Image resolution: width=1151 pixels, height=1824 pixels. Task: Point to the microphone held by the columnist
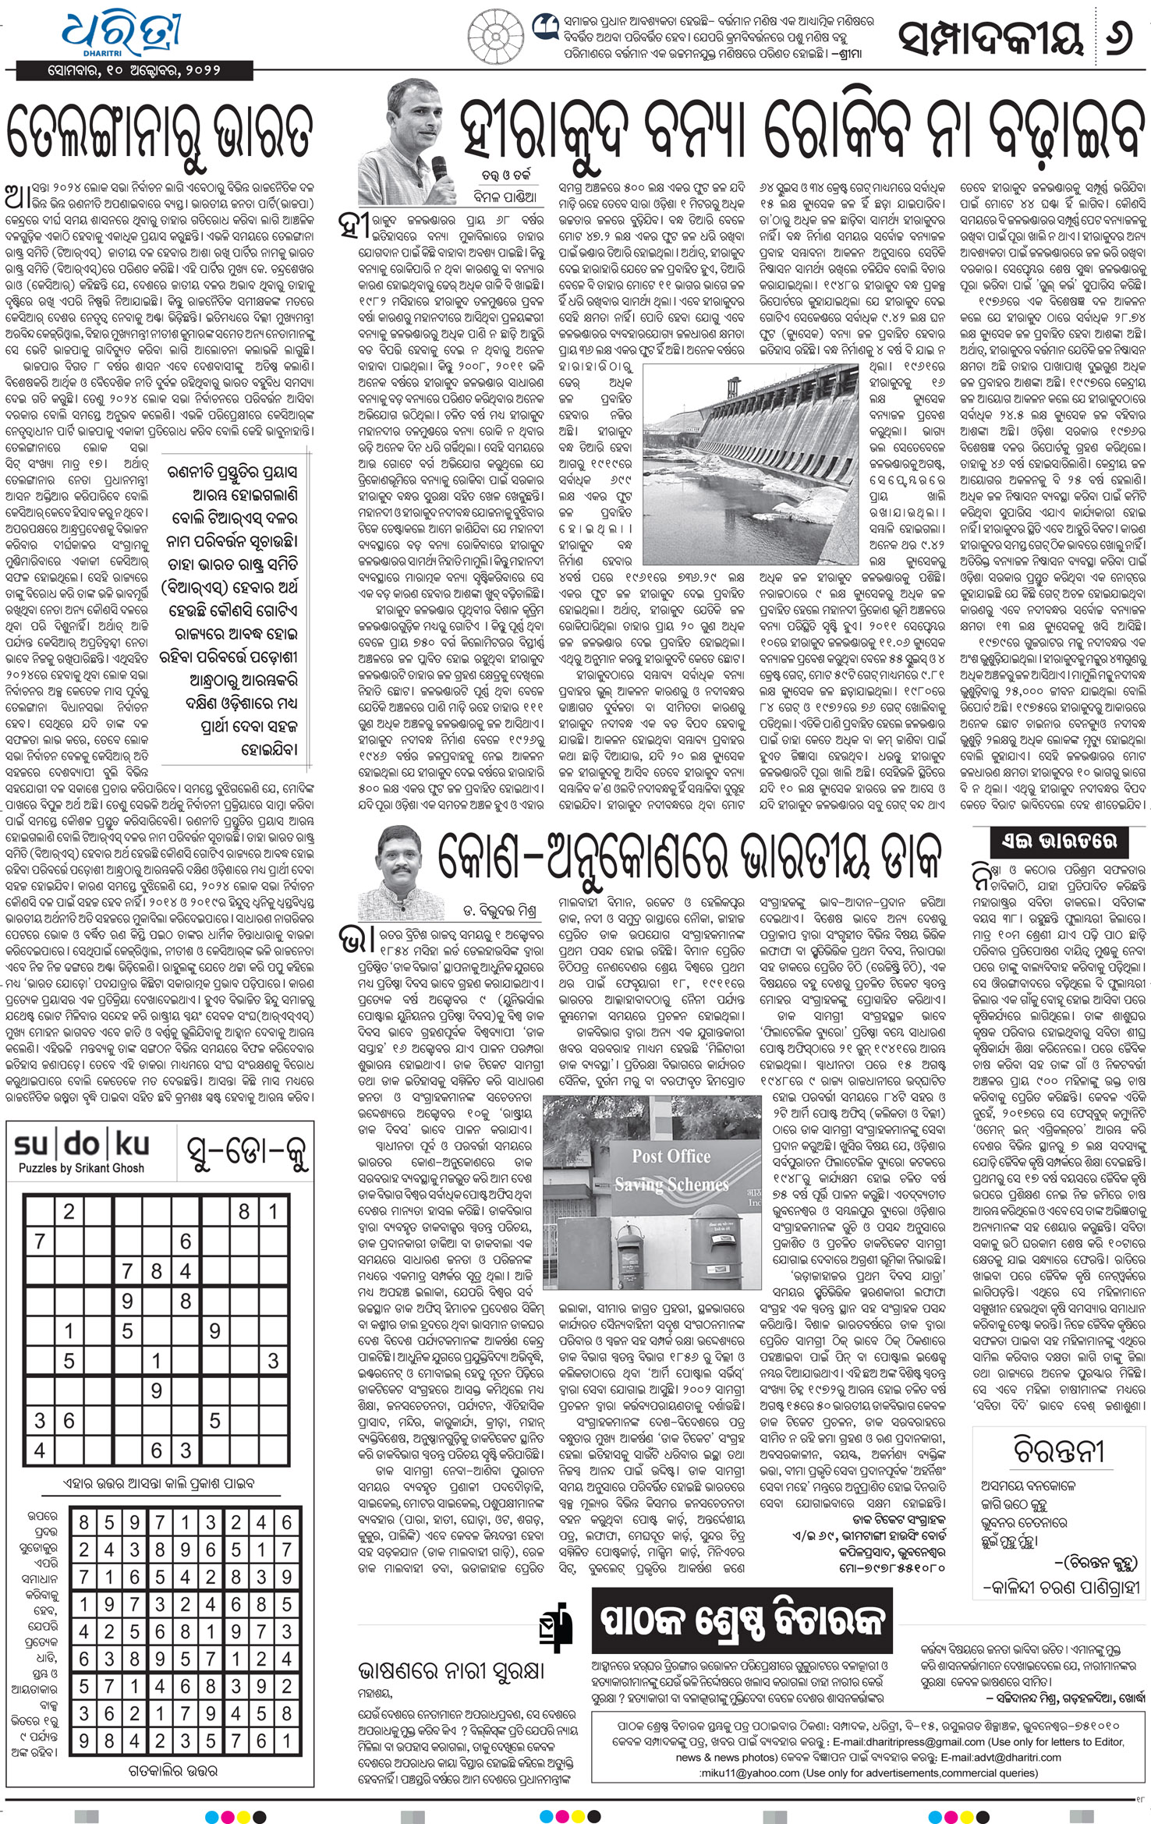click(439, 168)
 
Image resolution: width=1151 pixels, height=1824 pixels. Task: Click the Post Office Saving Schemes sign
click(671, 1171)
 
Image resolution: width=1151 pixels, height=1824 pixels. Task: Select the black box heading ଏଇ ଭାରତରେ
click(1058, 840)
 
